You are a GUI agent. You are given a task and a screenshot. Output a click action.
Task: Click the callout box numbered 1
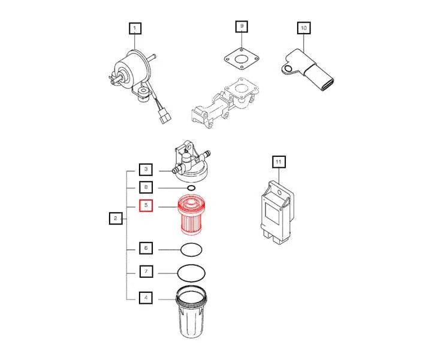point(135,28)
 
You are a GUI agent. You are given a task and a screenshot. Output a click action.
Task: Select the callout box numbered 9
point(241,27)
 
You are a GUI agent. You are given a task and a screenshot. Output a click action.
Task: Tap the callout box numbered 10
point(303,28)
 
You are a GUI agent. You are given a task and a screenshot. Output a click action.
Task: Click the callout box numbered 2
point(115,219)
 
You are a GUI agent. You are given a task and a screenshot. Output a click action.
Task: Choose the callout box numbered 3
point(146,170)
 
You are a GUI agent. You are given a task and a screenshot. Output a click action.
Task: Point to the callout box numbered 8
point(146,187)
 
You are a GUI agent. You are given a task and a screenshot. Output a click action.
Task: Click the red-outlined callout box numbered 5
point(146,206)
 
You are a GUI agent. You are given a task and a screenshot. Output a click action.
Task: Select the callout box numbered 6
point(146,247)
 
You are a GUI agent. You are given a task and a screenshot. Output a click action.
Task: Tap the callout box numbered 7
point(146,271)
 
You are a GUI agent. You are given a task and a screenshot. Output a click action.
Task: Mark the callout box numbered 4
point(146,297)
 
